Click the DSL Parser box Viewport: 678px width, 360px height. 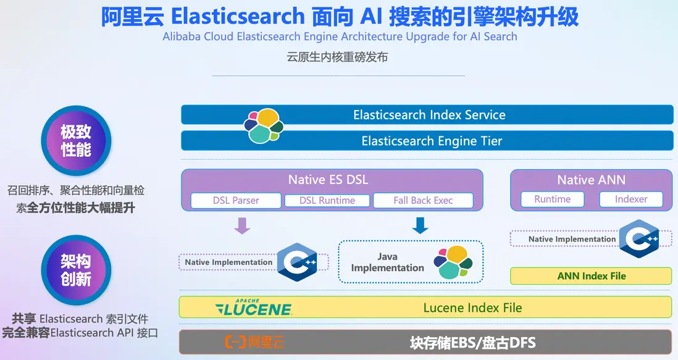pos(236,201)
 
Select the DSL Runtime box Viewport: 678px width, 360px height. pos(327,201)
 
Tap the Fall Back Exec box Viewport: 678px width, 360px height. pos(423,201)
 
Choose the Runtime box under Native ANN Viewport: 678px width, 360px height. pos(552,199)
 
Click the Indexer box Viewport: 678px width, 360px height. pos(630,199)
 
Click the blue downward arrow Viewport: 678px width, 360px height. pos(420,226)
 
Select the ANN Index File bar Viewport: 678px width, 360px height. pos(591,276)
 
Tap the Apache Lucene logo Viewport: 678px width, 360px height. pos(254,308)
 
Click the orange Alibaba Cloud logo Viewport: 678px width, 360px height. pos(254,341)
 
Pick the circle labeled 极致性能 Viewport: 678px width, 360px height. pos(76,141)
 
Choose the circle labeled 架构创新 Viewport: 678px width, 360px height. pos(76,270)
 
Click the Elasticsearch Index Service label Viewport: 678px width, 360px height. pos(429,115)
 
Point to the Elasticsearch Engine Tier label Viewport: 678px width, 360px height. pos(432,141)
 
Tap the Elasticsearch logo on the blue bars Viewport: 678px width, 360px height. pos(264,126)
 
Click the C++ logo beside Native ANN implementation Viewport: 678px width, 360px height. pos(638,238)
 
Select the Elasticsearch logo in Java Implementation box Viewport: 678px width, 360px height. pos(454,261)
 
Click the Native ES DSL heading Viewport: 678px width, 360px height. pos(328,180)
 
